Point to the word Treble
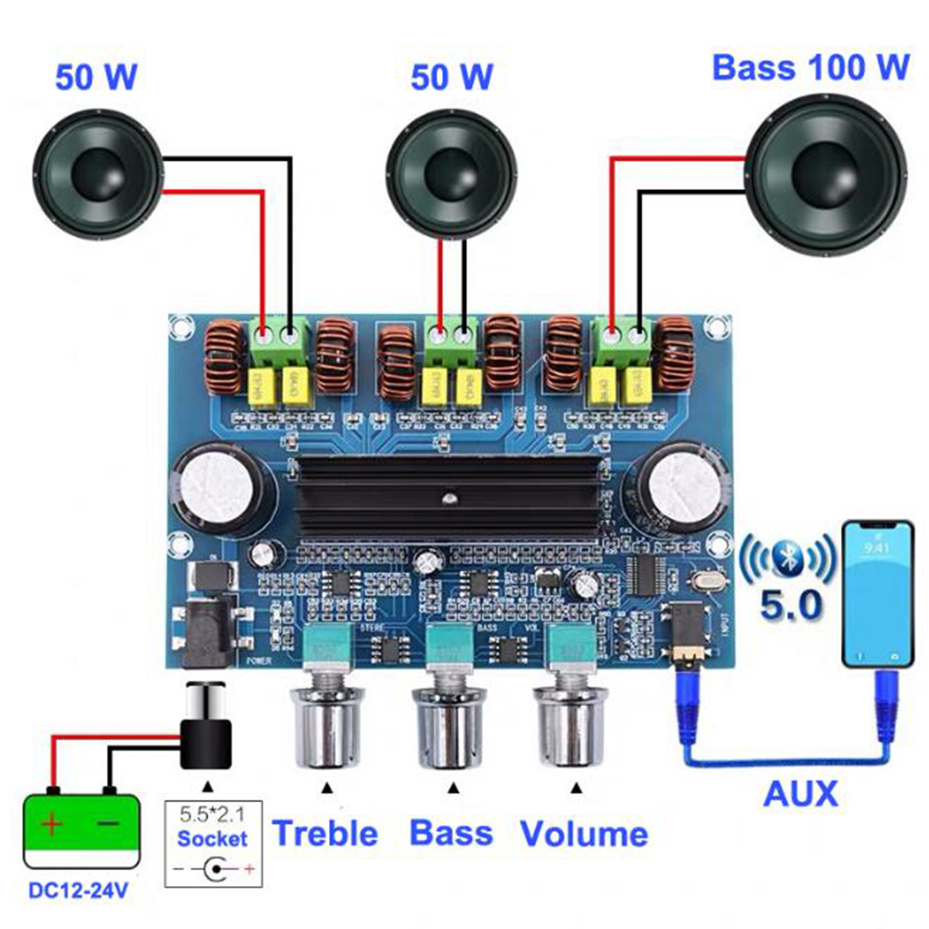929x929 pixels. click(x=325, y=833)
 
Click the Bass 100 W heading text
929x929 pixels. click(x=810, y=67)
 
